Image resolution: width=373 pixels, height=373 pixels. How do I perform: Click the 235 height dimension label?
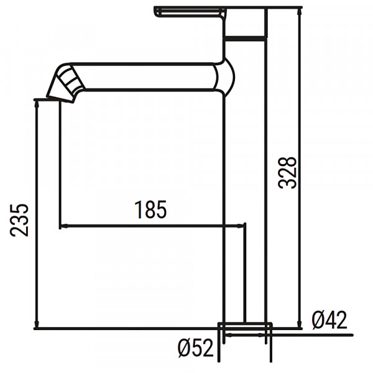click(20, 219)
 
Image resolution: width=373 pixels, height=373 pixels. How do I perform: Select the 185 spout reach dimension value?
click(151, 211)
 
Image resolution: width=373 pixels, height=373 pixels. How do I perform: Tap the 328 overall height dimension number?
click(287, 172)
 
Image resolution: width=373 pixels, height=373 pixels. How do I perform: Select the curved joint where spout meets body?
click(227, 78)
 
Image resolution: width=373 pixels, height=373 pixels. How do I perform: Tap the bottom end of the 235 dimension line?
click(37, 328)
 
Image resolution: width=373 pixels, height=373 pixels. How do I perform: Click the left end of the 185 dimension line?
click(60, 226)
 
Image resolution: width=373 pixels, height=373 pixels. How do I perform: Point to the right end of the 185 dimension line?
click(246, 226)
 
